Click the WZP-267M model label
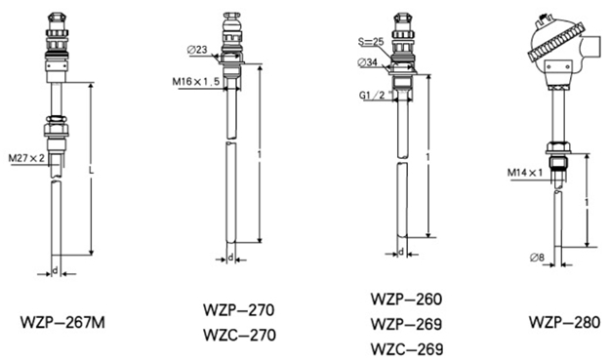62,322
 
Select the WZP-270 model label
239,310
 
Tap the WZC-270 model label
240,335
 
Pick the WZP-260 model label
406,300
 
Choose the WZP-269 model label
406,324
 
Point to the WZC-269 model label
407,348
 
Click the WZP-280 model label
564,322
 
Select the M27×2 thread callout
26,158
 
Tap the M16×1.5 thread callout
196,82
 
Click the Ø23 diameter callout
197,50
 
